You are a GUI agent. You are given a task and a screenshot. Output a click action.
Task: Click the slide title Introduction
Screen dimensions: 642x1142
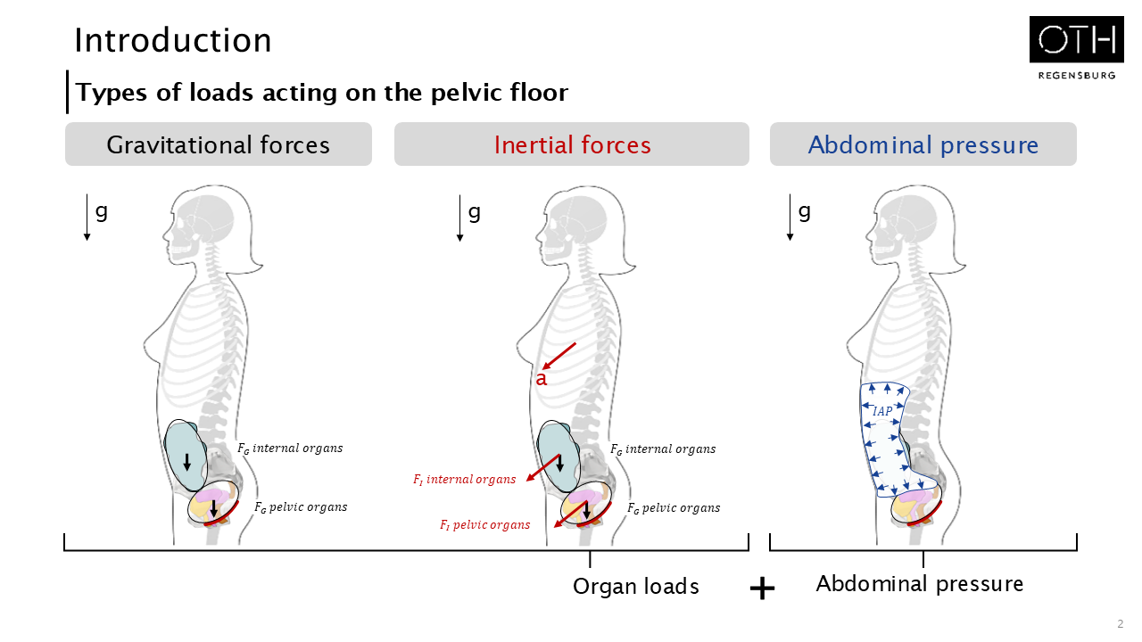(x=173, y=41)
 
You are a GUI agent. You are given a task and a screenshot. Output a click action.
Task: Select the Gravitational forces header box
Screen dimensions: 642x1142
(x=219, y=144)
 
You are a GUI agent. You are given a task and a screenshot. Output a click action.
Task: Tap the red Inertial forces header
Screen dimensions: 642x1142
(x=572, y=144)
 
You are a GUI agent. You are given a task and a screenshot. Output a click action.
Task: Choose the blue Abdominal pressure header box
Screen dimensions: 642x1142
(x=923, y=144)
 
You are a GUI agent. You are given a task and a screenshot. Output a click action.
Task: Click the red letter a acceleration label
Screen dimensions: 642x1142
(x=541, y=379)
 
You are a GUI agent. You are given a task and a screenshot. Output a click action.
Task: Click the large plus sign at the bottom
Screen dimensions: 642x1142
(x=762, y=588)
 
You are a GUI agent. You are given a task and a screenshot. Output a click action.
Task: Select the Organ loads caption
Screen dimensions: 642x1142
(x=635, y=587)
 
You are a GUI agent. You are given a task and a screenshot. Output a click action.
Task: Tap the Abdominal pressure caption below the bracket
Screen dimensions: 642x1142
(x=919, y=584)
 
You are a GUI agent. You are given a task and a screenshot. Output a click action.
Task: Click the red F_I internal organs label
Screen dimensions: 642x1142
(x=464, y=480)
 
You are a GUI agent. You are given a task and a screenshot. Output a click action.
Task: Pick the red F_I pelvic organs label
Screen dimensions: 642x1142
(x=484, y=524)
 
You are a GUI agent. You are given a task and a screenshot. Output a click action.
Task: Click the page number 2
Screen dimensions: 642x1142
(x=1120, y=623)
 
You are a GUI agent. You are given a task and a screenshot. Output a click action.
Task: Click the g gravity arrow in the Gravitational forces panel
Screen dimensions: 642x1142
(x=87, y=218)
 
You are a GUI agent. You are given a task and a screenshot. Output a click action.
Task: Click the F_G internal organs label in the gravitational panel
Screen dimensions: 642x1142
(x=289, y=448)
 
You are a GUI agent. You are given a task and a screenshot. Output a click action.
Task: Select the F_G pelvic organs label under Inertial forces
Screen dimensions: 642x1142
(x=673, y=508)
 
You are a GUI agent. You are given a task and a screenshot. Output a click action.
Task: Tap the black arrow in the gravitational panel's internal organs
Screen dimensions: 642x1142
(x=186, y=462)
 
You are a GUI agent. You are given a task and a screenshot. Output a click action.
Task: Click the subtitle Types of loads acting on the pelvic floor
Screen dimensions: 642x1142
(x=321, y=93)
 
